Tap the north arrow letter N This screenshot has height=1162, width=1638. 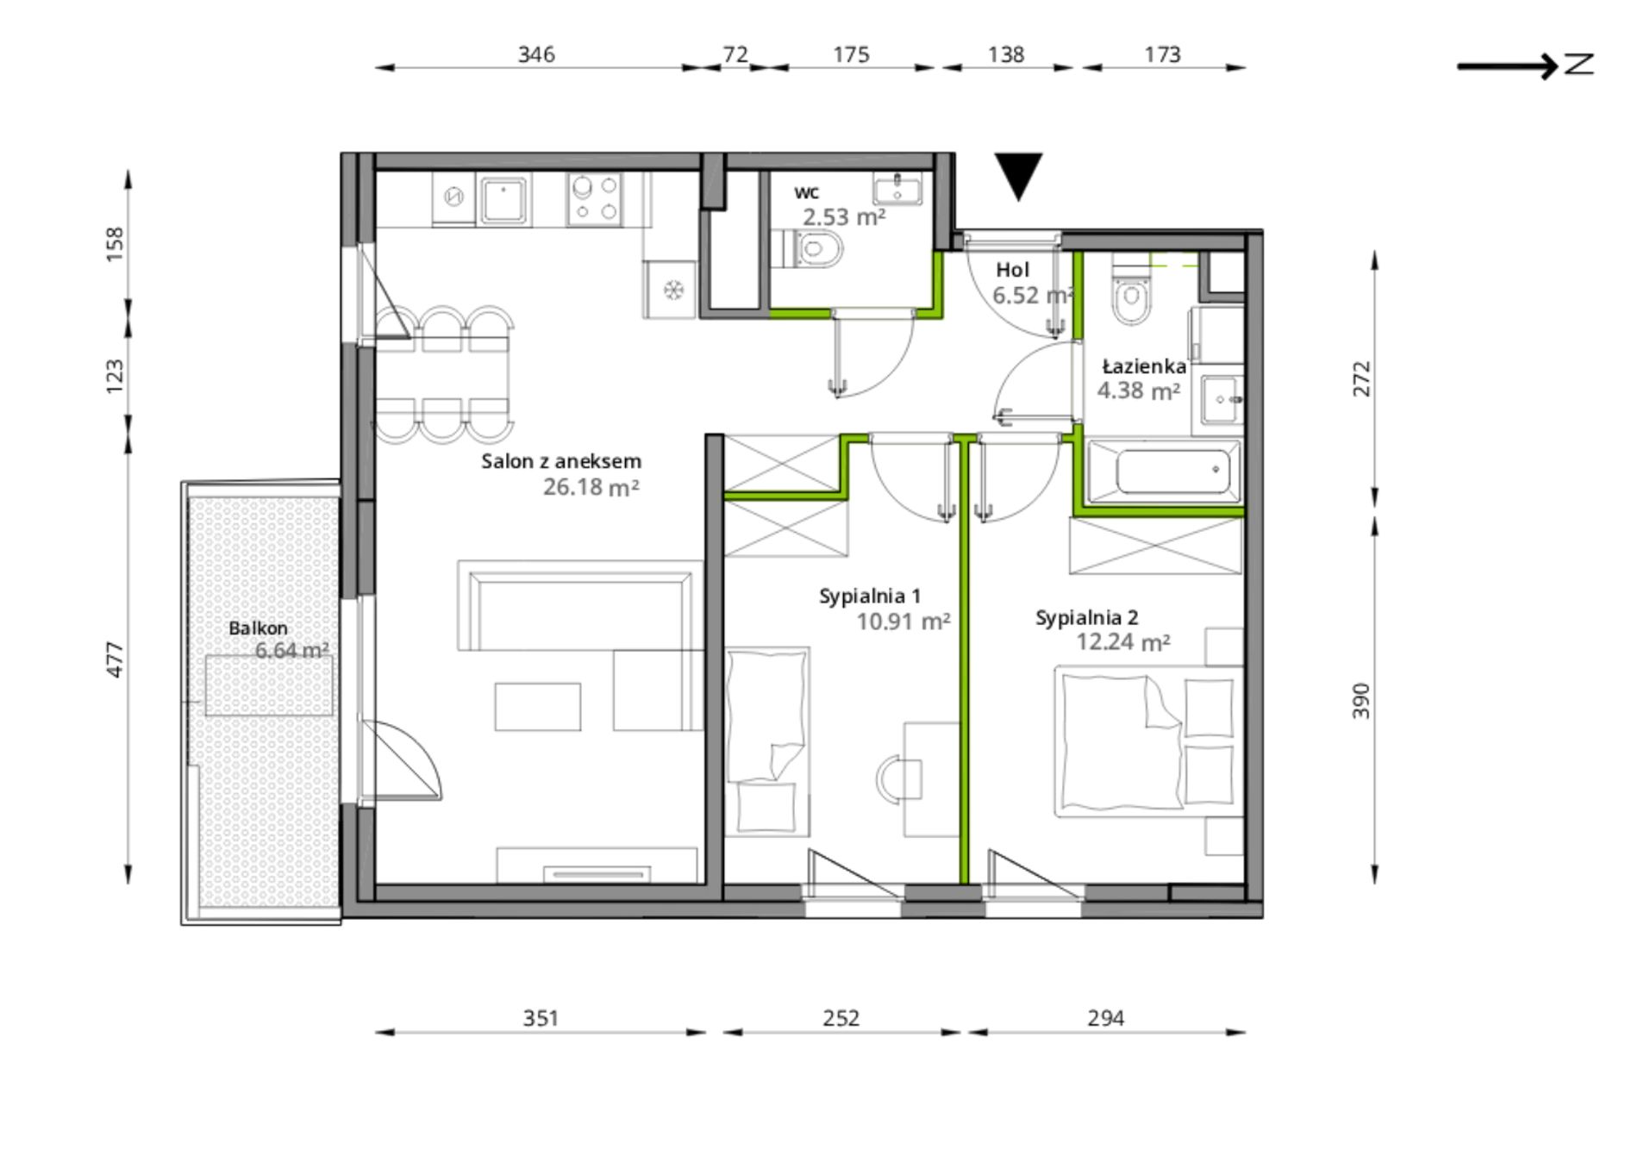(x=1579, y=65)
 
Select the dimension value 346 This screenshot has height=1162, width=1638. (x=536, y=54)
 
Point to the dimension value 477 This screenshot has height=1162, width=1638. (x=115, y=659)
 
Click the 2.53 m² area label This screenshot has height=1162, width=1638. (x=844, y=217)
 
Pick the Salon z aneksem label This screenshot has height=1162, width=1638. (x=561, y=461)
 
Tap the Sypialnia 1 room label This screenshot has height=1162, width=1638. (x=870, y=596)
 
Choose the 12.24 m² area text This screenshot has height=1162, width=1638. (x=1123, y=642)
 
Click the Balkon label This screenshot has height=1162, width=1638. (x=258, y=628)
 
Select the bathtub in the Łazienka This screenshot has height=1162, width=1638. (x=1164, y=471)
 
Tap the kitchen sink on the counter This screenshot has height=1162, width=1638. (x=503, y=200)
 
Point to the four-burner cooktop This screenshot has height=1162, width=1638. (x=595, y=199)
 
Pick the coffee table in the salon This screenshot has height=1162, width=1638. (x=537, y=707)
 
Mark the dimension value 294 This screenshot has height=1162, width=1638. (x=1106, y=1019)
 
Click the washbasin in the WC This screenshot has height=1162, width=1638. (x=897, y=188)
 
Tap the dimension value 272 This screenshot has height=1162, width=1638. (x=1360, y=378)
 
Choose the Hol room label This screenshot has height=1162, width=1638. (x=1013, y=270)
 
